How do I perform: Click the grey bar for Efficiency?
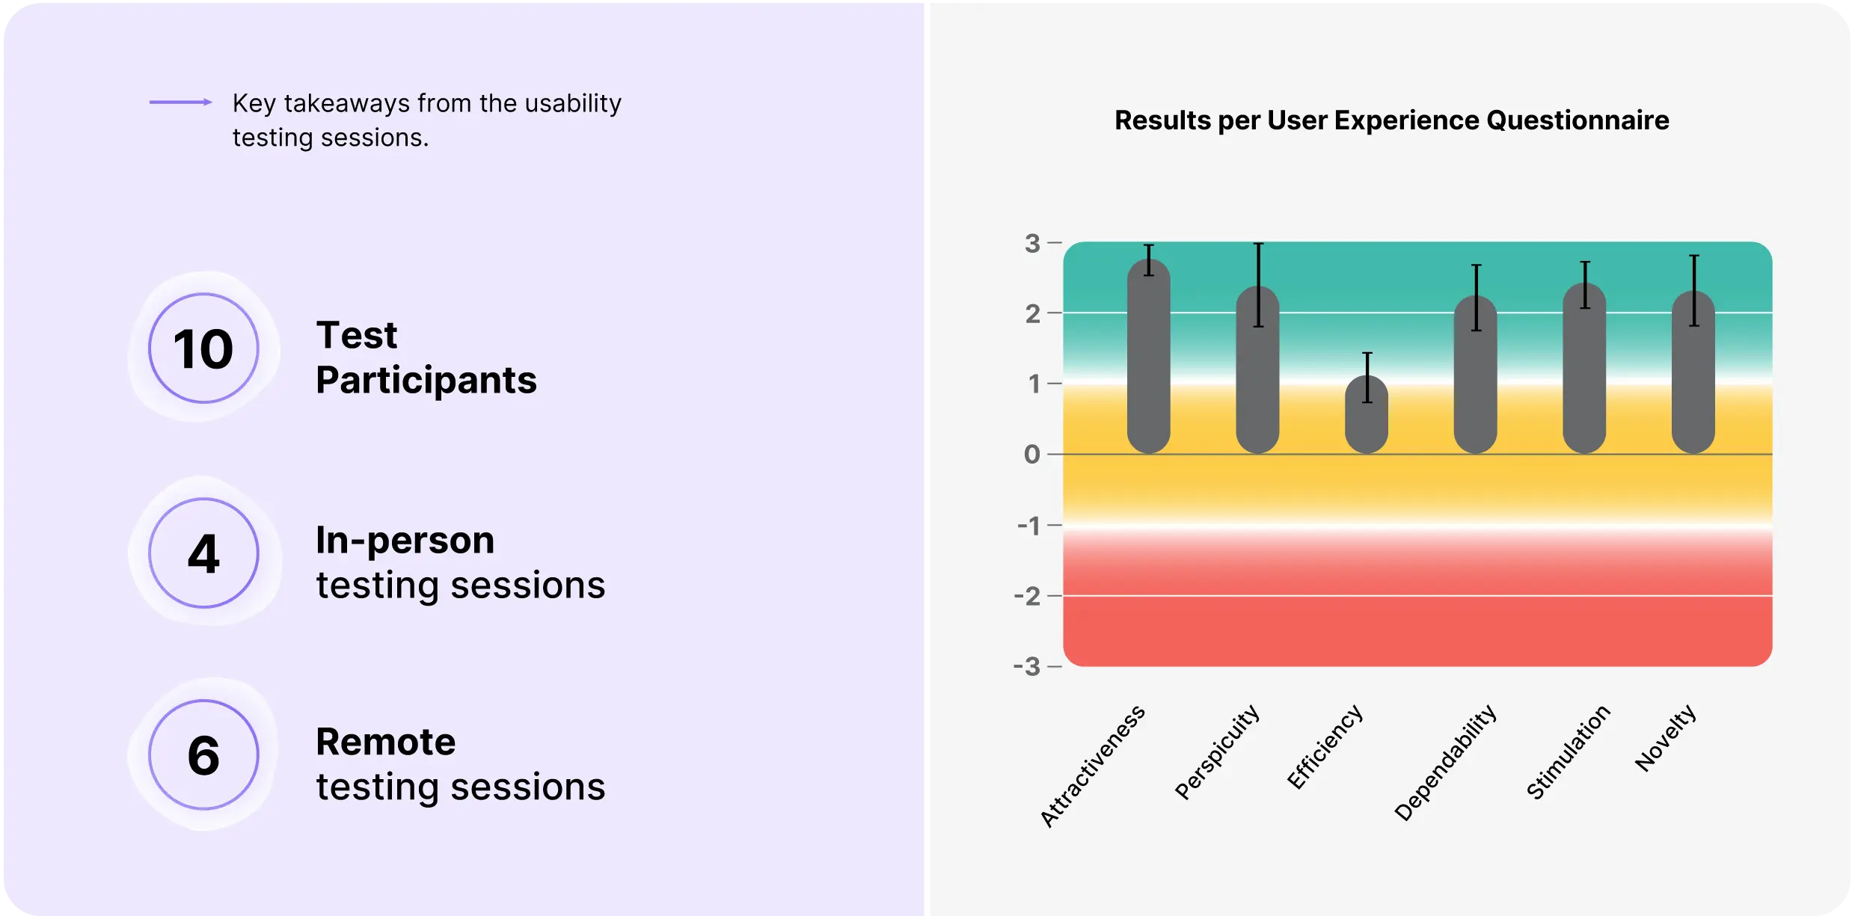pos(1367,415)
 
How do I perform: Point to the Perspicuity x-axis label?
pos(1218,751)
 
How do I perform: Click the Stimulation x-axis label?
pos(1569,751)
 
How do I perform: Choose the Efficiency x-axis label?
pos(1325,746)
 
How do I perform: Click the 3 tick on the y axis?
pos(1033,243)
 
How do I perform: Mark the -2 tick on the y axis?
pos(1028,596)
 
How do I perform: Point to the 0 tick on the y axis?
pos(1032,454)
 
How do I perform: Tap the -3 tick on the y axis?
pos(1027,666)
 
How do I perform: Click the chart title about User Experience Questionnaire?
pos(1391,120)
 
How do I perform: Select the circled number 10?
pos(203,348)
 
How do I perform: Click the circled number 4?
pos(203,553)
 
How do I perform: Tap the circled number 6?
pos(203,754)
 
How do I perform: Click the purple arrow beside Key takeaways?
pos(180,102)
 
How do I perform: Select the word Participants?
pos(426,380)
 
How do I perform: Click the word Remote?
pos(386,742)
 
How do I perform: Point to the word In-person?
pos(405,540)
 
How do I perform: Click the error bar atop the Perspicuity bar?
pos(1259,285)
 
